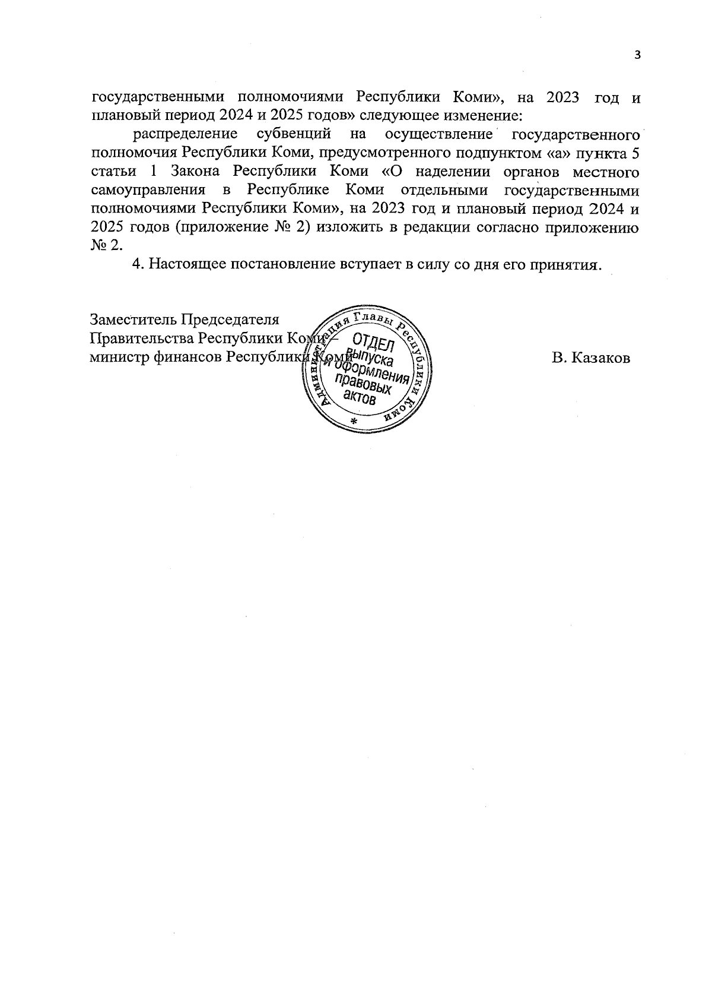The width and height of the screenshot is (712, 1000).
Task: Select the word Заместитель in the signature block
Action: pyautogui.click(x=133, y=319)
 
